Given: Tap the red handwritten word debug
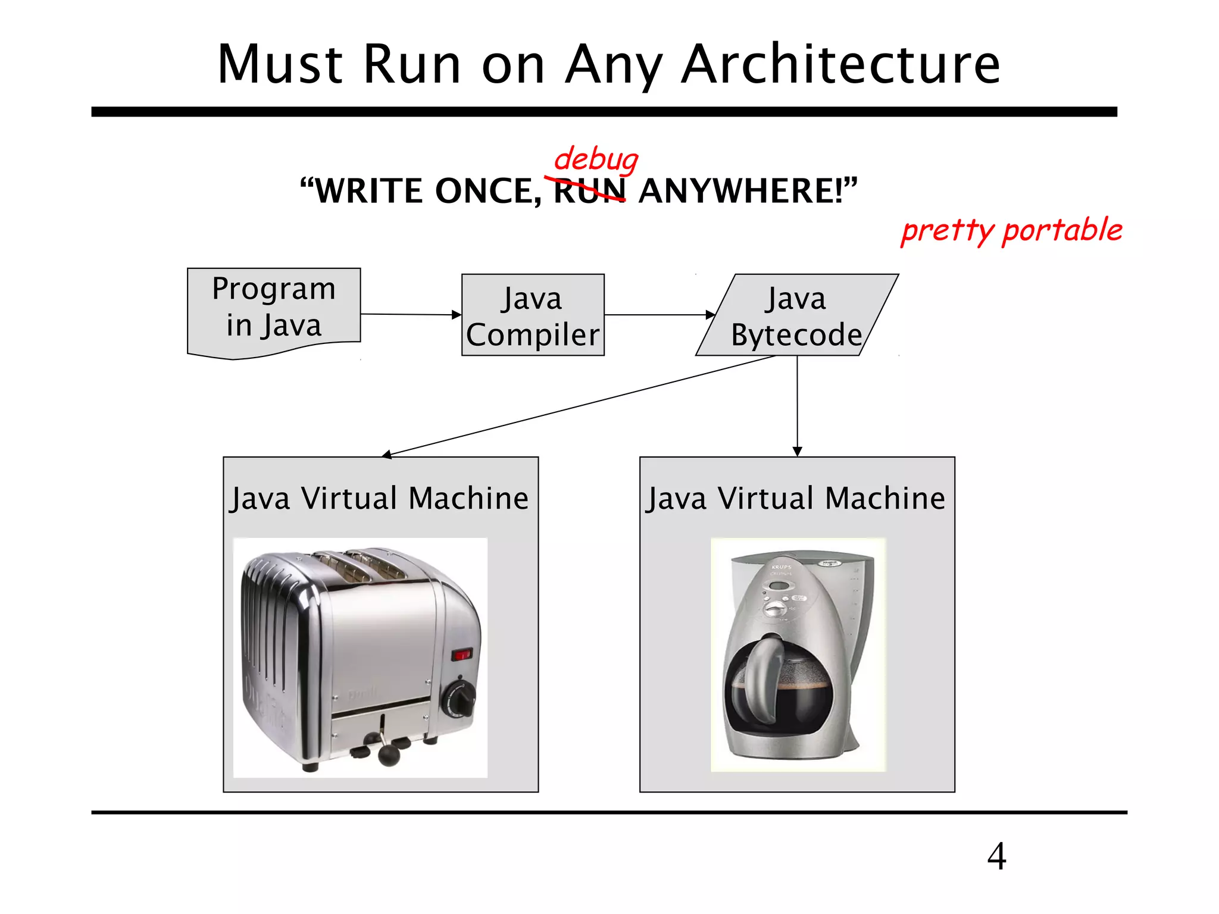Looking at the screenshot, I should click(595, 159).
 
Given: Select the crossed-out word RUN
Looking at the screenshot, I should click(589, 191).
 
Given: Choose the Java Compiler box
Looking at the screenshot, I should click(533, 315).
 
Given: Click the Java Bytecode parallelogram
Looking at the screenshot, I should click(796, 315).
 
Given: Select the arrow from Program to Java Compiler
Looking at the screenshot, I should click(411, 314).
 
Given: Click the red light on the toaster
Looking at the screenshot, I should click(462, 655).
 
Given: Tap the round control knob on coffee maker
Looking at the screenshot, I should click(774, 609).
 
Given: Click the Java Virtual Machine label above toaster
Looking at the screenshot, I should click(380, 498).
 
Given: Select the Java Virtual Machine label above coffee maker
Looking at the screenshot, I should click(796, 498).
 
